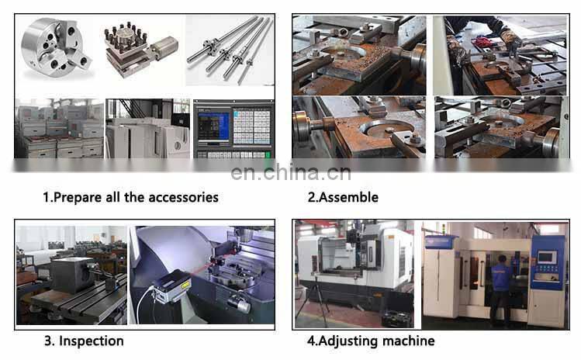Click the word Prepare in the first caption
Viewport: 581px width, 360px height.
[x=78, y=197]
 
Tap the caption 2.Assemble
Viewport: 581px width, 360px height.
[x=343, y=197]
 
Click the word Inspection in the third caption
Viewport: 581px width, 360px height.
[x=92, y=341]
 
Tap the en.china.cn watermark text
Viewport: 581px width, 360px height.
[x=290, y=172]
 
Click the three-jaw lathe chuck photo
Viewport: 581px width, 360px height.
[x=57, y=48]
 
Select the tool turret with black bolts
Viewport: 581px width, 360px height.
[x=140, y=50]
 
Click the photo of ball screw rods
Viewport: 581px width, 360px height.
[x=230, y=50]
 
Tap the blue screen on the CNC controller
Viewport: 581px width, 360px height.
[x=213, y=126]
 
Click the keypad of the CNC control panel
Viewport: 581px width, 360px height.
[x=251, y=126]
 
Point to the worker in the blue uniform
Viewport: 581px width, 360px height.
[x=501, y=289]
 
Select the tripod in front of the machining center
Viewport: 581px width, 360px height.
[x=314, y=299]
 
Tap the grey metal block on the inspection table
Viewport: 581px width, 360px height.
[x=73, y=275]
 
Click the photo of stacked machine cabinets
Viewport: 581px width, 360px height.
[x=59, y=129]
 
